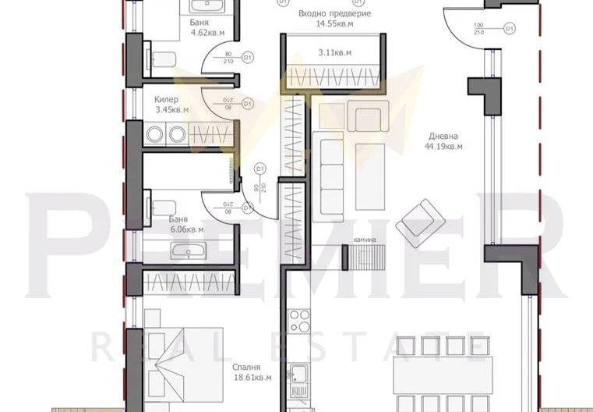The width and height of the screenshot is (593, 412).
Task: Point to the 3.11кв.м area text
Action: pyautogui.click(x=334, y=52)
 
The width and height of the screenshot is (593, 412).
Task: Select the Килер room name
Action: pyautogui.click(x=167, y=100)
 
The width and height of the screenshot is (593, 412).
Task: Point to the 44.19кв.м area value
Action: pyautogui.click(x=443, y=145)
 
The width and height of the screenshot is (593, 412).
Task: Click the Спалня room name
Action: pyautogui.click(x=245, y=366)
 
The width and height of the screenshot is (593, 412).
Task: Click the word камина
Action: pyautogui.click(x=364, y=240)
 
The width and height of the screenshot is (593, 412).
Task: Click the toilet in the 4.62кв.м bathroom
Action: pyautogui.click(x=164, y=57)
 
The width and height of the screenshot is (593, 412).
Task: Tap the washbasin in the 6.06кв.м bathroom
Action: pyautogui.click(x=188, y=252)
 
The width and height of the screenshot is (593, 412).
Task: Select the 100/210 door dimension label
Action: pyautogui.click(x=478, y=29)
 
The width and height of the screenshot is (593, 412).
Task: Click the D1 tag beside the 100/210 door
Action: pyautogui.click(x=510, y=28)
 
